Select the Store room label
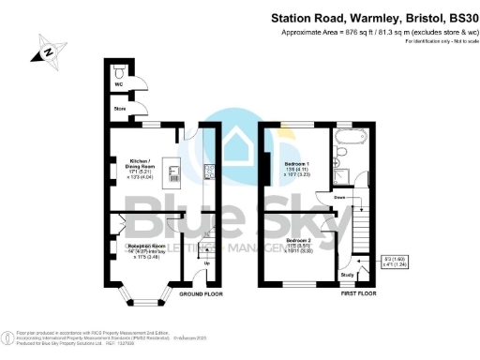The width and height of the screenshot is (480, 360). point(120,110)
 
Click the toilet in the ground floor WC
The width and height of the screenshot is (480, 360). point(120,71)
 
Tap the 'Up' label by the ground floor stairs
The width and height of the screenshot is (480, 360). point(207,262)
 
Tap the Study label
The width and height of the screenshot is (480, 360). point(347,275)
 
